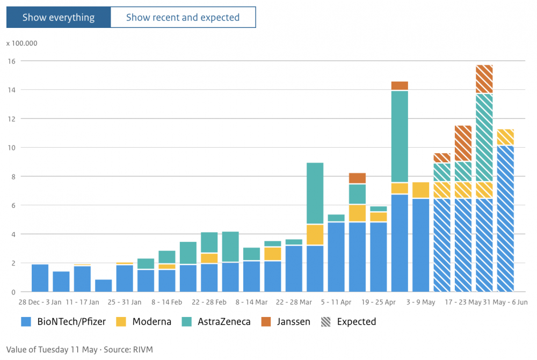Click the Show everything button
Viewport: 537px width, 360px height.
pos(59,17)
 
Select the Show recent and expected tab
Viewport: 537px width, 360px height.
pos(183,17)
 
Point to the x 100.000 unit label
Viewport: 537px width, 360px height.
pos(22,44)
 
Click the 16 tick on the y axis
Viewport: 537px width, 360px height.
pos(12,61)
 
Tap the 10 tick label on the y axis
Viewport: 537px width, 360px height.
pos(12,148)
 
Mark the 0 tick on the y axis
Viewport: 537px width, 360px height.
pos(13,292)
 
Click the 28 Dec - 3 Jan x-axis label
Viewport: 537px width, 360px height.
pos(40,302)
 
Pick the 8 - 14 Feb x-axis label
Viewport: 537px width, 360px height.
pos(167,302)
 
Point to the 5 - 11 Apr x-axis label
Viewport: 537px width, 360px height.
pos(336,302)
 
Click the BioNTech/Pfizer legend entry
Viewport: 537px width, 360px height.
pos(63,322)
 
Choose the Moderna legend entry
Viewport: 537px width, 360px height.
pos(143,322)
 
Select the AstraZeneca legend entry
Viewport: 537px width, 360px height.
pos(216,322)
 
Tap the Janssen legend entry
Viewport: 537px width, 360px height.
pos(286,322)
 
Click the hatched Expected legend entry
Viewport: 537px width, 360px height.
pos(349,322)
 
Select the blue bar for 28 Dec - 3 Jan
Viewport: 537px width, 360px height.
pos(40,278)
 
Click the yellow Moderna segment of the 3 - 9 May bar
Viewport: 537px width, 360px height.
pos(421,190)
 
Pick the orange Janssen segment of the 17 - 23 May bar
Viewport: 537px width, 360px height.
pos(463,143)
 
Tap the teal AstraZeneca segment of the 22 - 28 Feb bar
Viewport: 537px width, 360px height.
pos(209,242)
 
